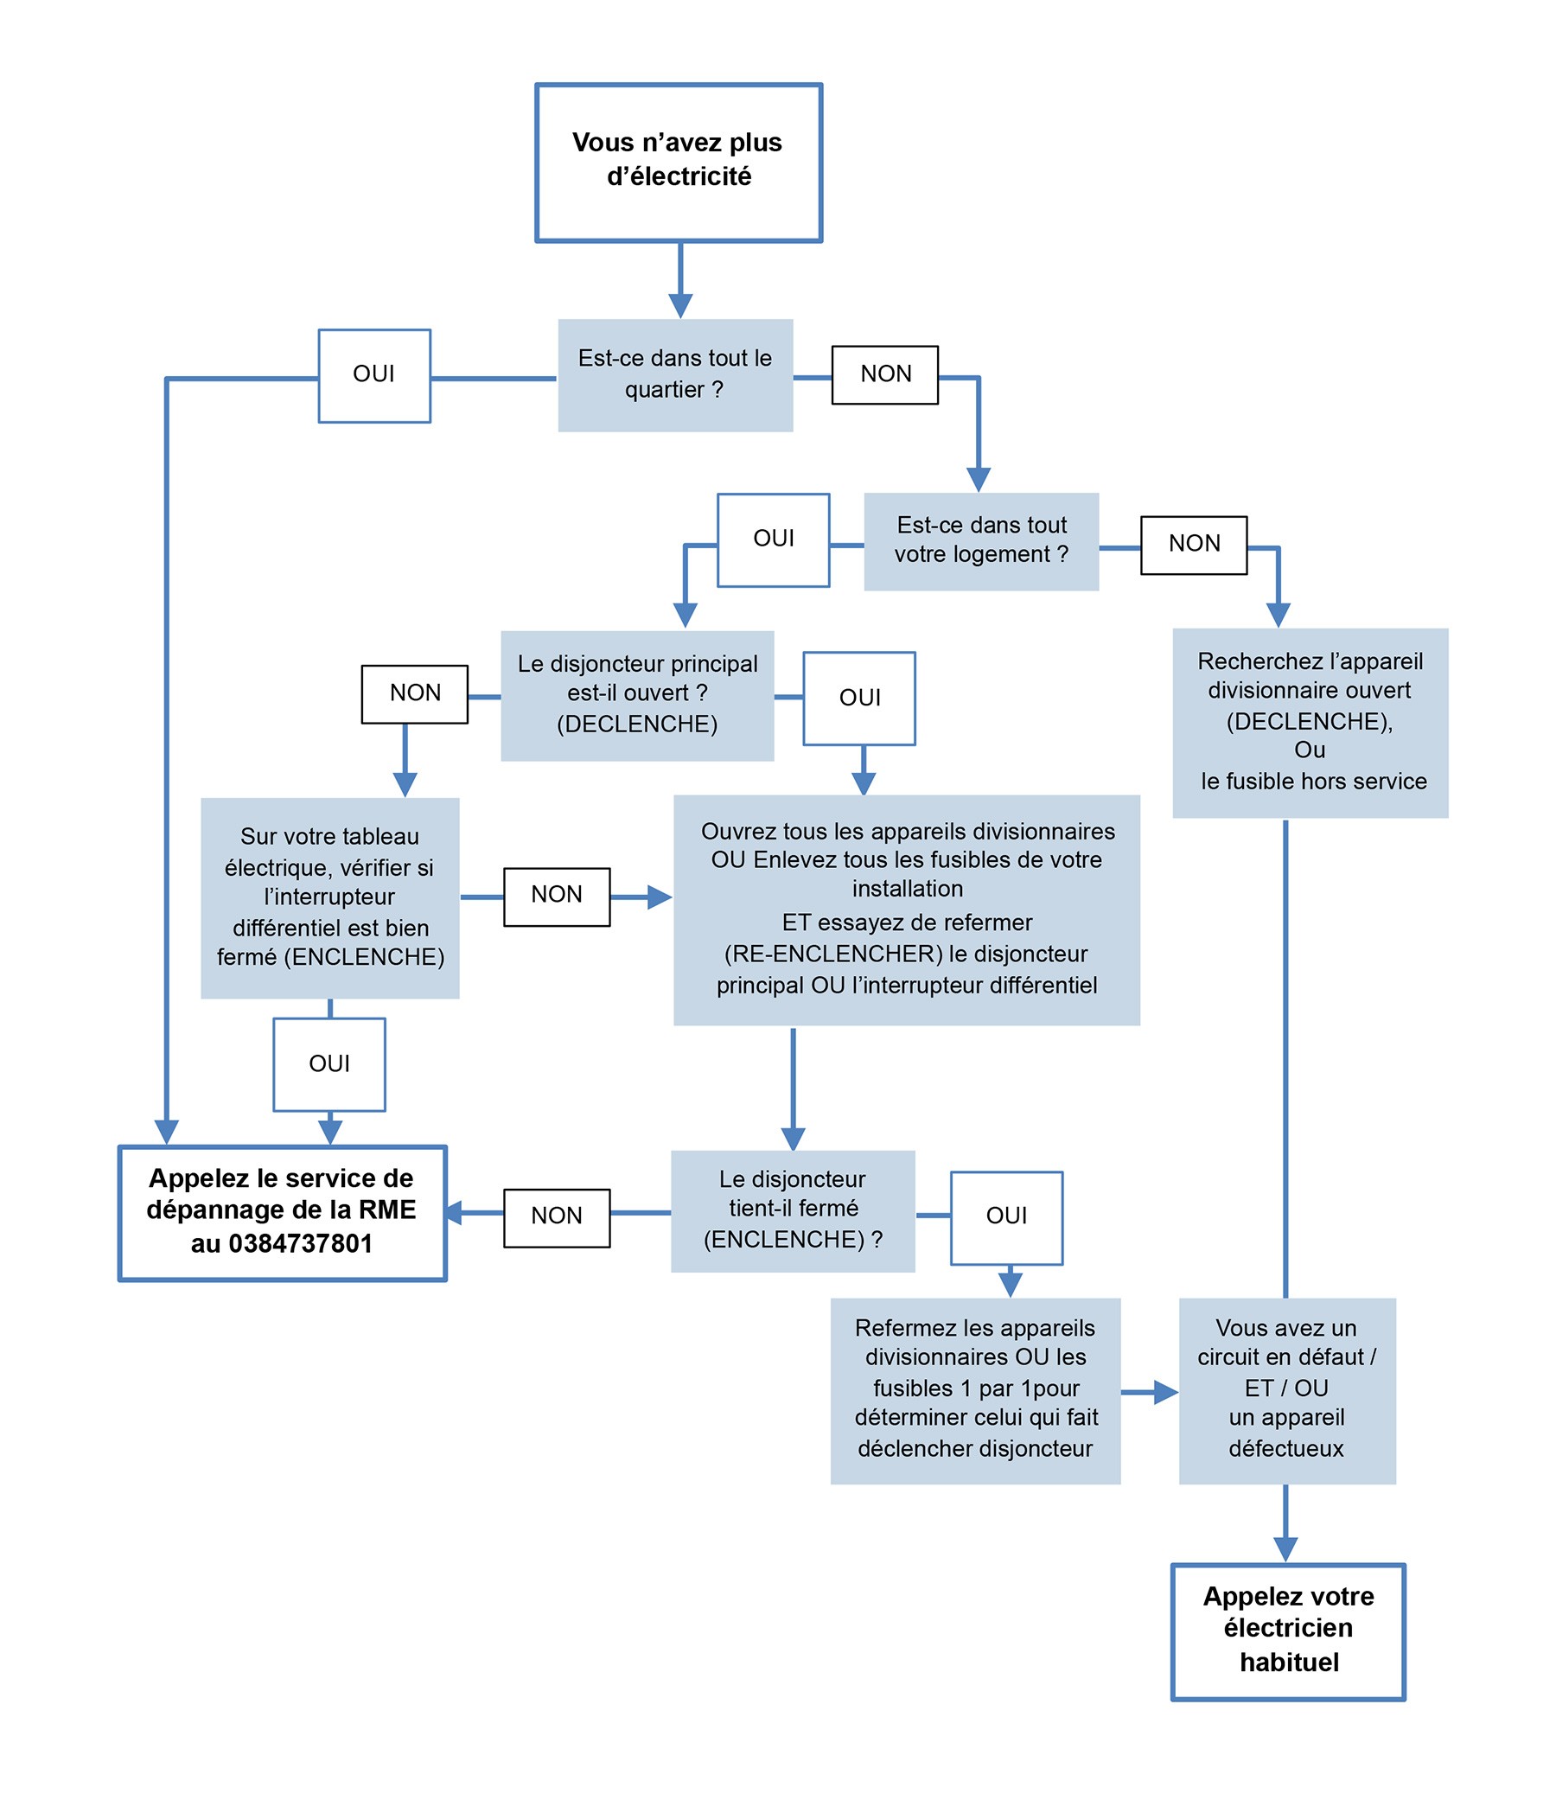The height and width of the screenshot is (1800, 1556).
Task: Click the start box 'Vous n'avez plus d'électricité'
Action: (679, 163)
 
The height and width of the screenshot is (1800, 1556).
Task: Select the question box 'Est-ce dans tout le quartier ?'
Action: (675, 375)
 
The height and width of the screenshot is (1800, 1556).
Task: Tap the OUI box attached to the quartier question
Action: (374, 375)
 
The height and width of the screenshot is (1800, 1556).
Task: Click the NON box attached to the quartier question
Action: (885, 374)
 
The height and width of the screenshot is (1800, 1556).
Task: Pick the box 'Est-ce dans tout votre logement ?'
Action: (981, 541)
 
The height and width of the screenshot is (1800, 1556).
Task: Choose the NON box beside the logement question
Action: (1194, 545)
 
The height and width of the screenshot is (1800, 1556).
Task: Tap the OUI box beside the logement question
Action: (773, 539)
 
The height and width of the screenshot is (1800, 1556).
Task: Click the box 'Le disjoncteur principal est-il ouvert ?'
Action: (637, 696)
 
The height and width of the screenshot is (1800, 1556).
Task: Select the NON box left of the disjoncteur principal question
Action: (414, 694)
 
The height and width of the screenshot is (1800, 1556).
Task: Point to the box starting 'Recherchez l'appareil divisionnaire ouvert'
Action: (1310, 723)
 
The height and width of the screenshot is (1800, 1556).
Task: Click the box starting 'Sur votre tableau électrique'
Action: (330, 898)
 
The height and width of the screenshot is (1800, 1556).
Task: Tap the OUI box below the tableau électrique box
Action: (329, 1064)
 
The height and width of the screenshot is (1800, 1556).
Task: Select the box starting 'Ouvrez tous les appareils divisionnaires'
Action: (906, 910)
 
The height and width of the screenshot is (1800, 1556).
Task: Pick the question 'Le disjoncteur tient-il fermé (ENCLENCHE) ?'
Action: (793, 1211)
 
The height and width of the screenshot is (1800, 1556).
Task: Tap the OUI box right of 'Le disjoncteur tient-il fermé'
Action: (1007, 1218)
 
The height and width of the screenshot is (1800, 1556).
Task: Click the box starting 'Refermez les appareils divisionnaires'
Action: (975, 1391)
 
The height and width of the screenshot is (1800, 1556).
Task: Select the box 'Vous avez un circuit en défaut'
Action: (1286, 1391)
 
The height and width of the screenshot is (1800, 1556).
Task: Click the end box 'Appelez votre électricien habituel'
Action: (1288, 1631)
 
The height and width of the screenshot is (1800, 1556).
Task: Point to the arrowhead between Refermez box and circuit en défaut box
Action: (1166, 1393)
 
